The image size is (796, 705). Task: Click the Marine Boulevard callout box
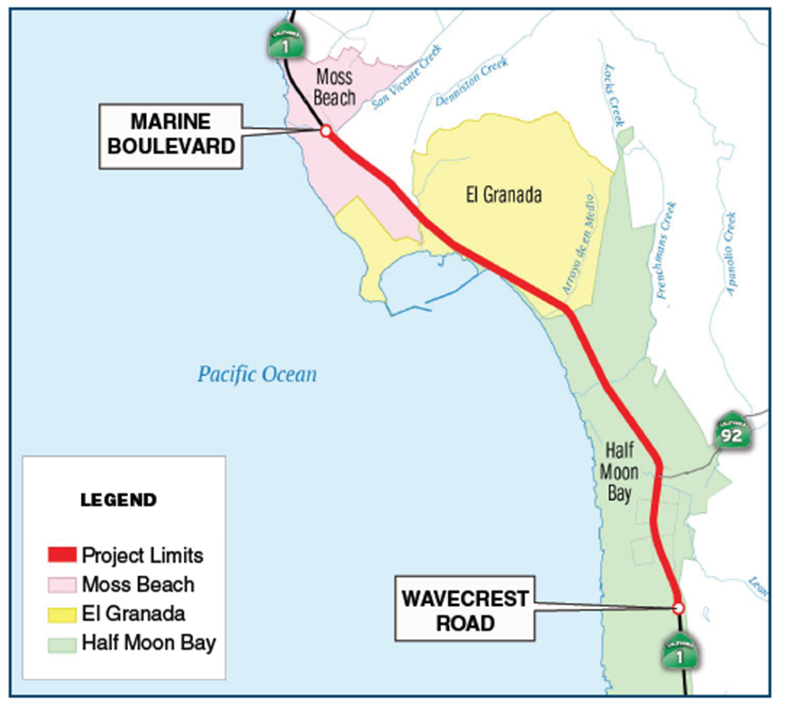(170, 136)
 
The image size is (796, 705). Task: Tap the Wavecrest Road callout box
(465, 609)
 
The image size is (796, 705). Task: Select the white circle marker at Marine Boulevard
(326, 131)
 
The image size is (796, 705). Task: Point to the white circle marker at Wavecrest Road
(678, 608)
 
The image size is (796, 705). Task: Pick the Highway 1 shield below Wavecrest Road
(679, 653)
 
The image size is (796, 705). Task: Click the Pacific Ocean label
(257, 374)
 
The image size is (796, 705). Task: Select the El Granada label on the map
(504, 195)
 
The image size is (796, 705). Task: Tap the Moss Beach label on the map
(335, 87)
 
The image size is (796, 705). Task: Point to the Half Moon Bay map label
(619, 471)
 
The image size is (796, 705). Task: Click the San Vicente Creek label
(407, 78)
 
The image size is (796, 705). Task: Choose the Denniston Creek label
(472, 81)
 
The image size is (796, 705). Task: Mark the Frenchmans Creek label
(666, 250)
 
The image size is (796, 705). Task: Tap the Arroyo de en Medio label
(578, 244)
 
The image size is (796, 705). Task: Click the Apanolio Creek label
(730, 254)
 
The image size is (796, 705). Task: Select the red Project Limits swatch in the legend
(62, 555)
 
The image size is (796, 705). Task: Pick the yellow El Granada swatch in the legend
(62, 614)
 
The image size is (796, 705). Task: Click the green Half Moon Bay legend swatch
(62, 644)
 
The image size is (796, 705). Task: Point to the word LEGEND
(119, 501)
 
